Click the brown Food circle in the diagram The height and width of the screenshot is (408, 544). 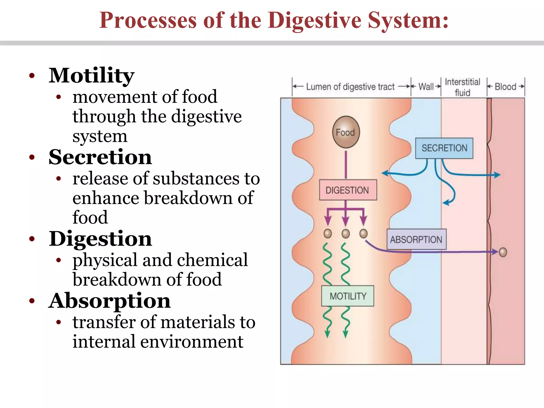click(x=346, y=132)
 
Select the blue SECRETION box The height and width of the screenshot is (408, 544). click(x=444, y=148)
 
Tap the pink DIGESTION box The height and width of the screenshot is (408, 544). click(x=348, y=190)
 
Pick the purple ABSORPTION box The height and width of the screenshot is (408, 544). click(x=416, y=239)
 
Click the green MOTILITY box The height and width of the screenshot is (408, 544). click(x=348, y=296)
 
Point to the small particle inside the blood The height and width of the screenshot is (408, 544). click(x=503, y=252)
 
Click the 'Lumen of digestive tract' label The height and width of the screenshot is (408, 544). click(x=350, y=87)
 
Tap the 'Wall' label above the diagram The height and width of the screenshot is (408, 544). click(x=426, y=87)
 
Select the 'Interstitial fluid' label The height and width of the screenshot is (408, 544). click(x=462, y=87)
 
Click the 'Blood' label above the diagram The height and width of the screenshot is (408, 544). click(x=505, y=87)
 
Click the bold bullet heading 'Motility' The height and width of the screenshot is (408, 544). click(x=91, y=75)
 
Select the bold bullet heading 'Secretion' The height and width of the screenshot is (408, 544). click(x=100, y=157)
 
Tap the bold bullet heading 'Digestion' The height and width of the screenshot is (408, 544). click(x=100, y=239)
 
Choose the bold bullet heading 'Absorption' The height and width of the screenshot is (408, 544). click(x=109, y=301)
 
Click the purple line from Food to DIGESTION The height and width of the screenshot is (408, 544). click(x=346, y=165)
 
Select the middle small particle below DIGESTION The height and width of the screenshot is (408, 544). click(x=346, y=233)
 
